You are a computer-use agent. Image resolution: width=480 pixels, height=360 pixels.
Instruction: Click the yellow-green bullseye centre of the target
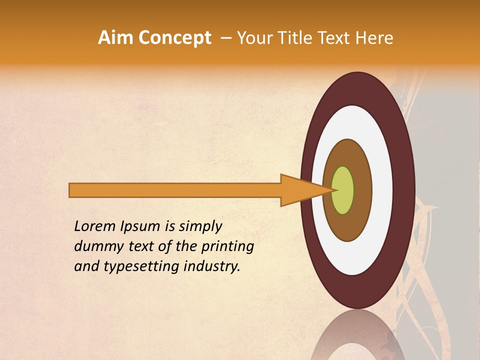(x=343, y=190)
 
